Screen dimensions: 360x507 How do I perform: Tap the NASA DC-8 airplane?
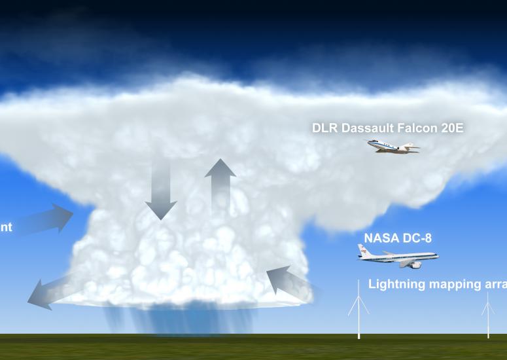coord(396,257)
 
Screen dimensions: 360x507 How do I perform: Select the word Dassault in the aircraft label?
coord(364,128)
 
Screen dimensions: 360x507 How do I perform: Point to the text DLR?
coord(324,128)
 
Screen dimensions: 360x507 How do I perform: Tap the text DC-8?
coord(419,239)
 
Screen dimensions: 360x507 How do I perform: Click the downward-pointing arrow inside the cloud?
coord(161,190)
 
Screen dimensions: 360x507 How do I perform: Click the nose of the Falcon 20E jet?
coord(369,143)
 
